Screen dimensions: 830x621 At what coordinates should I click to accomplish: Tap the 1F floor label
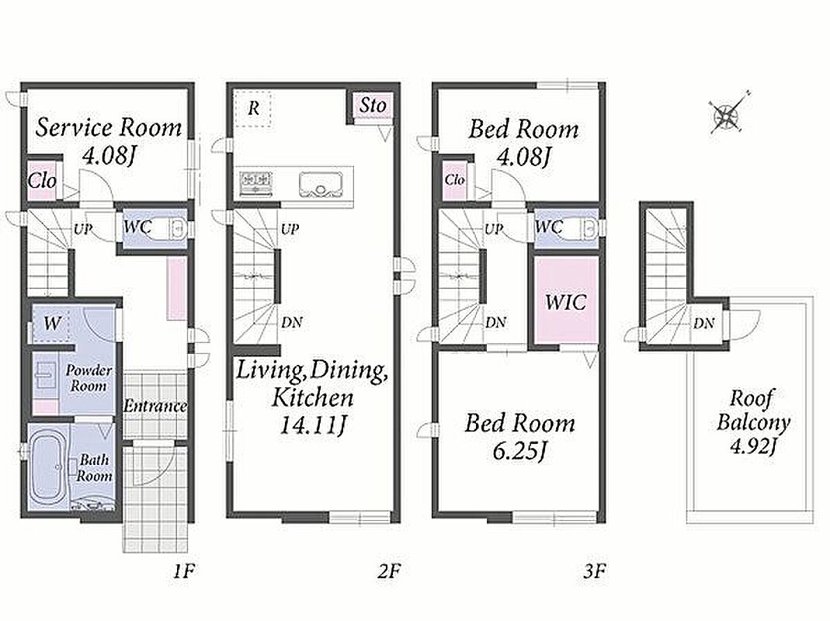point(184,571)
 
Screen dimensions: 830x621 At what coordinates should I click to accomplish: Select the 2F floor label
point(388,571)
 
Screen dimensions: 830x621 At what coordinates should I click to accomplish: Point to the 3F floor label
point(594,571)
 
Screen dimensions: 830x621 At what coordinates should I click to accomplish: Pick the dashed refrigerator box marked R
point(253,109)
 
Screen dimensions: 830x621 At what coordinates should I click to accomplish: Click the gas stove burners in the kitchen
point(257,182)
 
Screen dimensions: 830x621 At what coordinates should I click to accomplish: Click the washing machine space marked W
point(51,323)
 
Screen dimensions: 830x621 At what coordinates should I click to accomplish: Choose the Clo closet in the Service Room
point(43,180)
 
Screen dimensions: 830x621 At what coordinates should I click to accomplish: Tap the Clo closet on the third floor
point(454,180)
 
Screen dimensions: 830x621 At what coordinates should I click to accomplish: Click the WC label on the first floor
point(137,227)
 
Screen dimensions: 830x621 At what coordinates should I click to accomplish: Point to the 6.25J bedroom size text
point(519,451)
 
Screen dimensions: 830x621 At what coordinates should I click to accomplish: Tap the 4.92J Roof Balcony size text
point(753,446)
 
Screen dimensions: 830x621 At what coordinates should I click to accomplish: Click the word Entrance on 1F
point(155,406)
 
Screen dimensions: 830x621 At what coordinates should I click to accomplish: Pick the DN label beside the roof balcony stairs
point(704,323)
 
